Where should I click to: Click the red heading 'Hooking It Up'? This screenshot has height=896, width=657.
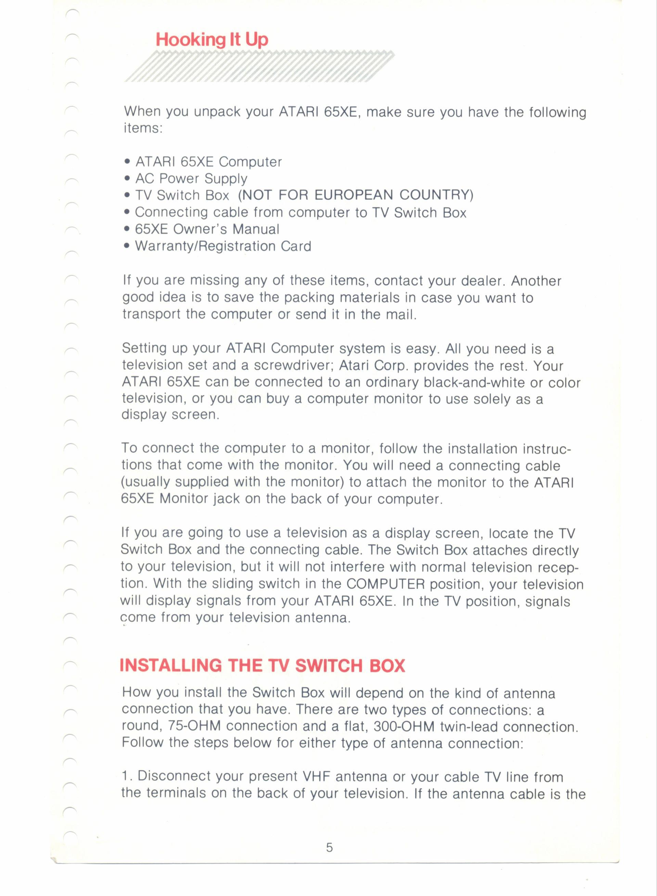click(211, 40)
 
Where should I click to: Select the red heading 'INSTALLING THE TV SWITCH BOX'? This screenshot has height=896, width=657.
click(262, 666)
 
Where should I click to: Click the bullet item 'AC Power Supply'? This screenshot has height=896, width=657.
click(191, 179)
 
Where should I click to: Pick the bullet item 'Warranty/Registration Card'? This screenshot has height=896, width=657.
click(223, 246)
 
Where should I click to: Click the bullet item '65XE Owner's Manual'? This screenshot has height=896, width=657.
click(207, 229)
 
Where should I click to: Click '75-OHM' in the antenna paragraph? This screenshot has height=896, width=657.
click(194, 726)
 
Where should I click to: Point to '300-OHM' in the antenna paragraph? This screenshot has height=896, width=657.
click(404, 727)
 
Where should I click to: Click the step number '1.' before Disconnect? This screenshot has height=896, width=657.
click(127, 776)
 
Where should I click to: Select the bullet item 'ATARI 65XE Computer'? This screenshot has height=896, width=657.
click(208, 162)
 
